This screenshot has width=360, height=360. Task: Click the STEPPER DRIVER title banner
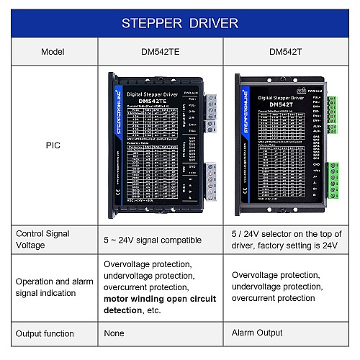[180, 23]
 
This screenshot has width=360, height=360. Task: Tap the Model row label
[53, 52]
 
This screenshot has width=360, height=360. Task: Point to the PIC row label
[53, 145]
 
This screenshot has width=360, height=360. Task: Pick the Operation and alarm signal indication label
[53, 287]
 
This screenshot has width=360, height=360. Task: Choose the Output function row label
[47, 333]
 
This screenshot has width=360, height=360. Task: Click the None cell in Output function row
[114, 333]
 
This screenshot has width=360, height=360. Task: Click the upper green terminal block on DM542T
[331, 114]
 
